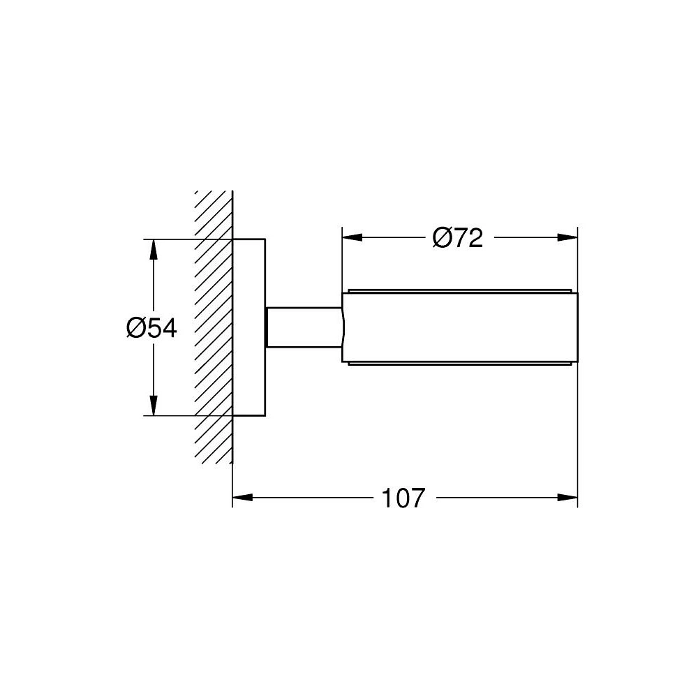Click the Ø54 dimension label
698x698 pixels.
click(x=151, y=328)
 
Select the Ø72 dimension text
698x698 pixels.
click(x=458, y=238)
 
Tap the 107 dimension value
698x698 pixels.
click(x=403, y=498)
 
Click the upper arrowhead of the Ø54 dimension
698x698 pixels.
click(x=153, y=249)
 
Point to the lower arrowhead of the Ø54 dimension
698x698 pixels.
click(x=153, y=406)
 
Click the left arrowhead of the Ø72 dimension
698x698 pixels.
click(x=352, y=238)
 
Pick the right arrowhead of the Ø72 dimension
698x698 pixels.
click(x=567, y=238)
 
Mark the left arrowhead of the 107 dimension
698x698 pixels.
click(x=243, y=497)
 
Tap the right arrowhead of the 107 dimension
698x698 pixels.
click(x=567, y=497)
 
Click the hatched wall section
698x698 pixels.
click(x=214, y=327)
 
